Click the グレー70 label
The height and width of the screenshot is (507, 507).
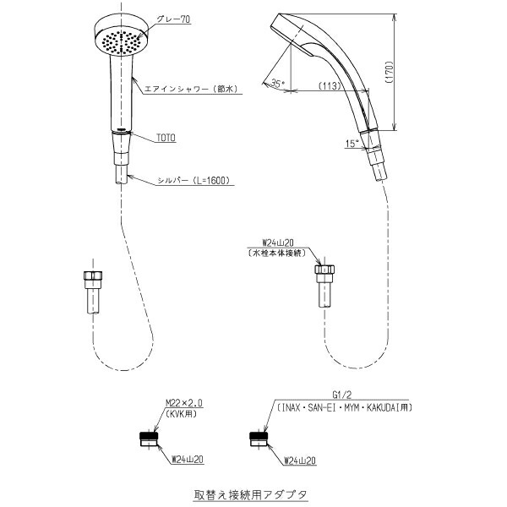click(173, 19)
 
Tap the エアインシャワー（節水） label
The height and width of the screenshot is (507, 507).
click(191, 89)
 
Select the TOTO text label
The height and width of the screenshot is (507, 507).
click(166, 138)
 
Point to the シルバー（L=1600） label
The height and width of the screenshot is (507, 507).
click(194, 181)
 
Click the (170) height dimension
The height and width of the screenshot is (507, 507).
click(390, 73)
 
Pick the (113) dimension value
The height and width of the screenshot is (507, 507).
click(330, 86)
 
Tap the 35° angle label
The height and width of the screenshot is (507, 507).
click(277, 84)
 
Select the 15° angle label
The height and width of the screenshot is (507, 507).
click(352, 144)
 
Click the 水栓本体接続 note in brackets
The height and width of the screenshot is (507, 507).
click(277, 253)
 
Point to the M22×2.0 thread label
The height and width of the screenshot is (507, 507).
click(184, 403)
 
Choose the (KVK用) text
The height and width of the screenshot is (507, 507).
click(181, 414)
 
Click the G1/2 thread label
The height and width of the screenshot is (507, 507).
click(341, 395)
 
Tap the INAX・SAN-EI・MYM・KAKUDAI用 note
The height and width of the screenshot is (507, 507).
click(343, 408)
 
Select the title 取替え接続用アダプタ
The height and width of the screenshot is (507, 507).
click(250, 494)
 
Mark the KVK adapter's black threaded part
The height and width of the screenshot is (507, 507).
click(149, 435)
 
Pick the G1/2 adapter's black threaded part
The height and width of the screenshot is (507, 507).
click(259, 435)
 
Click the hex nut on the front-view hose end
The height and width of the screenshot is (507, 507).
click(93, 275)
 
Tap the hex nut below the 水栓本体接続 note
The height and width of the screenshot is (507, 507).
click(324, 270)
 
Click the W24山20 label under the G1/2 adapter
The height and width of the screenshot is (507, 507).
click(299, 461)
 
